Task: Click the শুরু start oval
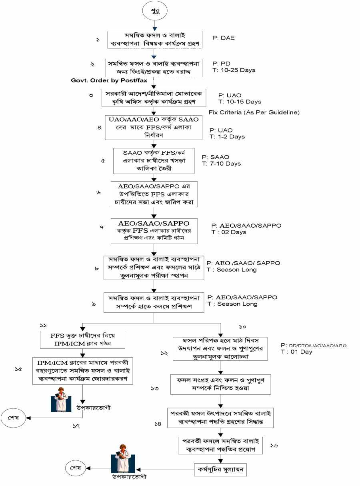pos(154,10)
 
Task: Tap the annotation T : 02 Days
pos(229,232)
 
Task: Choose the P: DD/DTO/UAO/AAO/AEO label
pos(314,345)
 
